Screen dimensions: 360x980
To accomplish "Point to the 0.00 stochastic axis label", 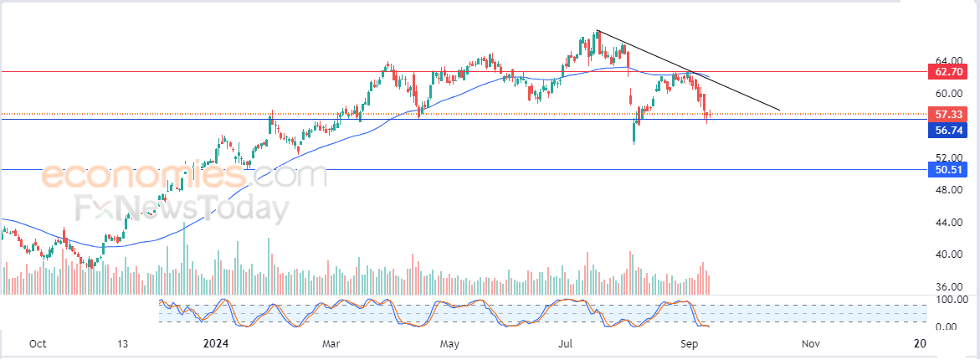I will (x=948, y=327).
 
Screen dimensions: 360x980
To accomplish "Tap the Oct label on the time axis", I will (x=37, y=343).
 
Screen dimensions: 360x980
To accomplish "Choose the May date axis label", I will (x=450, y=343).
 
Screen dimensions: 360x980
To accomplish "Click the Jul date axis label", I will (x=567, y=343).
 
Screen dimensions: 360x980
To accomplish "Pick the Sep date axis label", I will (x=689, y=343).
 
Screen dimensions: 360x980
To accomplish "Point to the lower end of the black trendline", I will (x=779, y=110).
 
